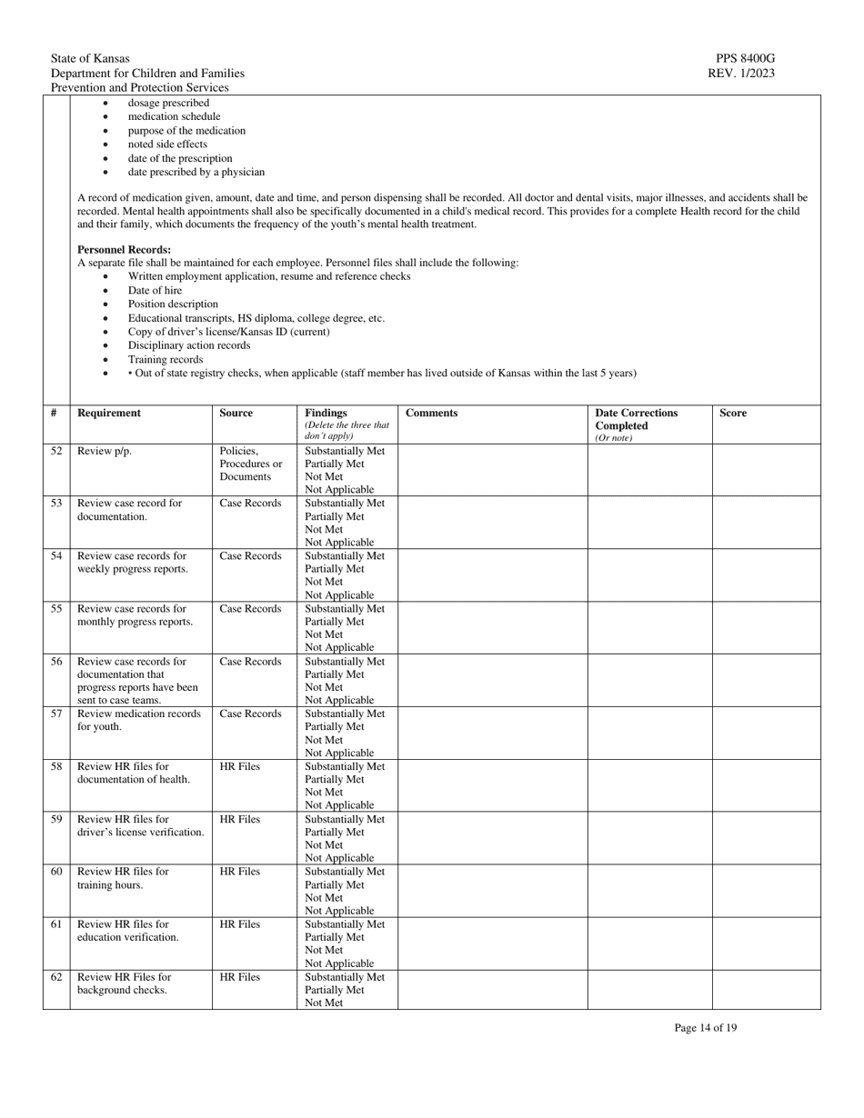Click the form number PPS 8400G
point(745,59)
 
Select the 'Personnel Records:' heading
point(124,249)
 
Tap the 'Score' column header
point(733,413)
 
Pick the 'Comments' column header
point(431,413)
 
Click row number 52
point(56,451)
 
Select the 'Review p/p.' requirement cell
point(105,451)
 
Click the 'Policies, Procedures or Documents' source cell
point(250,464)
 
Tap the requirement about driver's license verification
point(140,825)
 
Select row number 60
point(56,872)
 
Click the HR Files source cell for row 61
point(239,924)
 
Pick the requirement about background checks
point(124,983)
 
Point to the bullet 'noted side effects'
point(167,145)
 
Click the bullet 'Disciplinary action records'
point(188,345)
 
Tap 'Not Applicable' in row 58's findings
point(339,805)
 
